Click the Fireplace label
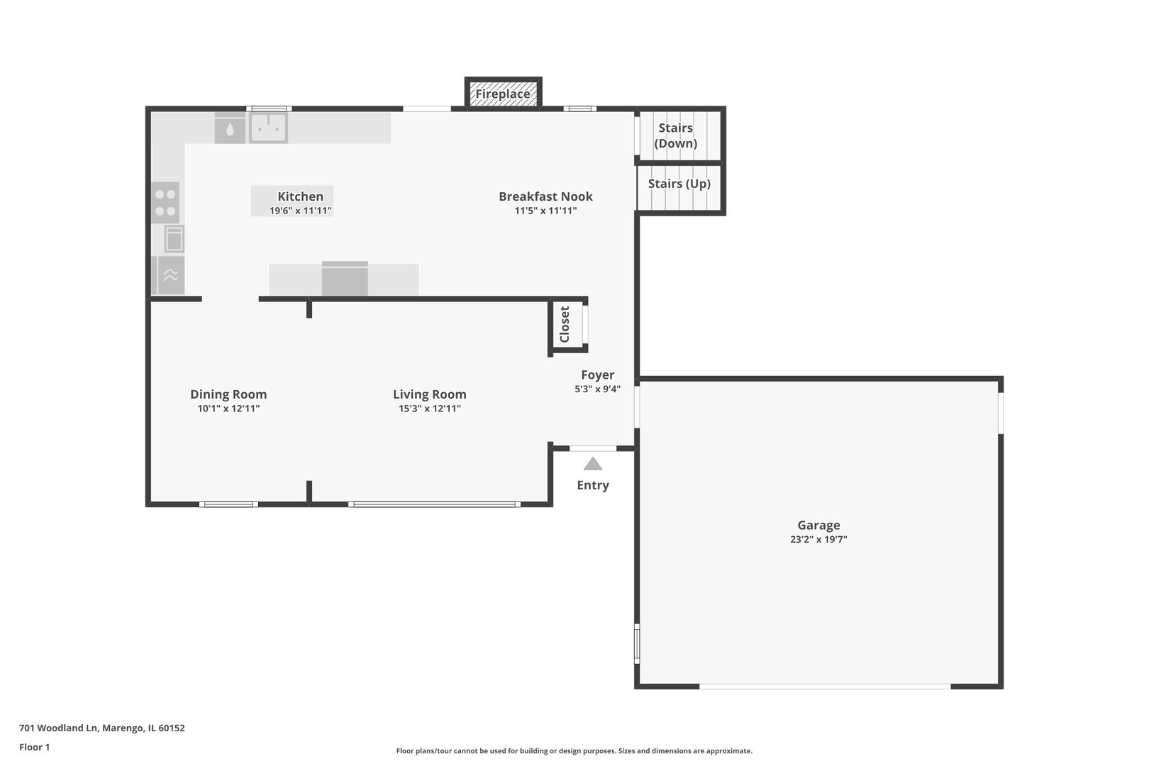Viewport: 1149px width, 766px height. (503, 94)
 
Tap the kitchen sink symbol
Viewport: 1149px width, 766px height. (268, 127)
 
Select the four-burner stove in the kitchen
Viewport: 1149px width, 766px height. (165, 203)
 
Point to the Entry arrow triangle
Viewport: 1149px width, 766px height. (592, 464)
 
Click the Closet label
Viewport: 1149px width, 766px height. (565, 324)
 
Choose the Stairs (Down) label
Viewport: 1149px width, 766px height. (675, 135)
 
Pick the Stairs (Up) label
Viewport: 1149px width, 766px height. (679, 184)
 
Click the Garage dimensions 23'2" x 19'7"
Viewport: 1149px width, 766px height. (818, 539)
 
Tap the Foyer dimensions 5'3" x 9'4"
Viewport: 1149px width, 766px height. (598, 389)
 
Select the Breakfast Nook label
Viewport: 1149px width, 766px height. (546, 196)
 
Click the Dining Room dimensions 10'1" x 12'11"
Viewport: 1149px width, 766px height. (229, 409)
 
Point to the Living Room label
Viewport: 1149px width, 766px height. (430, 394)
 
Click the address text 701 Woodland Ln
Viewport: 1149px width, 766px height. (58, 728)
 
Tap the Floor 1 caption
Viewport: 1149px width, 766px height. (34, 747)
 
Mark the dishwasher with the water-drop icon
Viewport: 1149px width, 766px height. (230, 128)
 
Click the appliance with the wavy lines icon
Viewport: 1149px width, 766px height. (170, 275)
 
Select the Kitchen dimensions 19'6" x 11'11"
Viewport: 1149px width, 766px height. (301, 211)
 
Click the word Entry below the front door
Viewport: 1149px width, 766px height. (593, 485)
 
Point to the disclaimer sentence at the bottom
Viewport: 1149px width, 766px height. (574, 750)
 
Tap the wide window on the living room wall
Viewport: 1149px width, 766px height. (435, 504)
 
